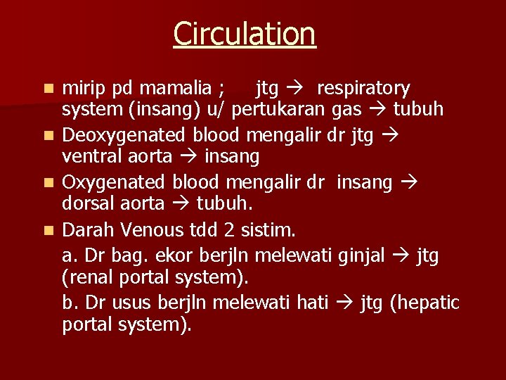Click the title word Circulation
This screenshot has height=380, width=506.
tap(245, 33)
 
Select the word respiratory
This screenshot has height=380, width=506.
tap(363, 89)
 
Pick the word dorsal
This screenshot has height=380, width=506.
tap(89, 204)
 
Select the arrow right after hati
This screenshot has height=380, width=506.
tap(344, 303)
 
